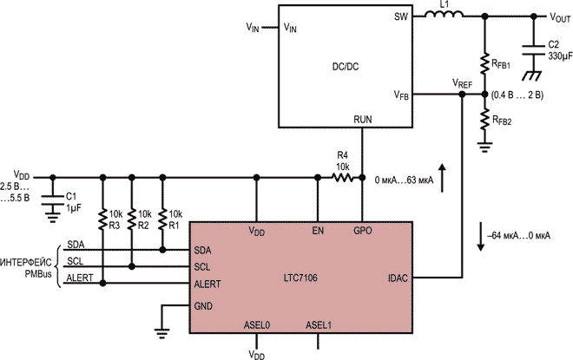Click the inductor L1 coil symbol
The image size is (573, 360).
444,14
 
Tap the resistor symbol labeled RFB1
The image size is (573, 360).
484,63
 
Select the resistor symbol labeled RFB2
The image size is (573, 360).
484,120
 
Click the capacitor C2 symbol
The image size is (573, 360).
533,50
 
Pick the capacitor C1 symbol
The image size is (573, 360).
53,200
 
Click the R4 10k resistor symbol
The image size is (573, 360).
343,178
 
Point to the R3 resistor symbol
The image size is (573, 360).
102,219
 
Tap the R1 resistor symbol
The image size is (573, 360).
162,219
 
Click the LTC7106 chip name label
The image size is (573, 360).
300,278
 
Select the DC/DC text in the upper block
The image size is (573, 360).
346,67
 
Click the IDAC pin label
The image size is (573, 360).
398,278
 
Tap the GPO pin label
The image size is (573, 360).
363,231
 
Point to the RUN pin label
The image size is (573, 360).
363,120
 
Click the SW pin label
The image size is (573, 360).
401,16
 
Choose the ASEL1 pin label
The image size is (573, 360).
319,325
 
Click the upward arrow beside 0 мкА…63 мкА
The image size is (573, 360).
442,178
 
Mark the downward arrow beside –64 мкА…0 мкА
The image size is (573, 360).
481,236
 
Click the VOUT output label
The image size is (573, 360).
560,17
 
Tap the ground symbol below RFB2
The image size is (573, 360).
484,147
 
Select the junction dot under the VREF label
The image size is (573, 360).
462,95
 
